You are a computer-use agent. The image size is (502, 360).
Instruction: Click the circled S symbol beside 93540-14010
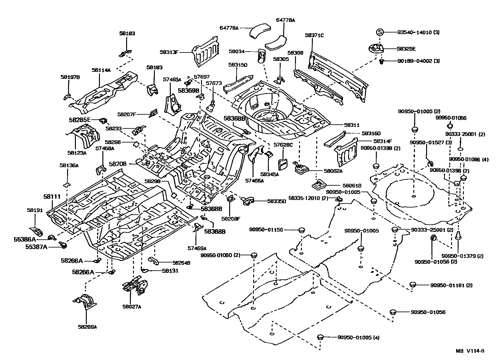(379, 32)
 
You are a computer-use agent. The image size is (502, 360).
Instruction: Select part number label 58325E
(406, 49)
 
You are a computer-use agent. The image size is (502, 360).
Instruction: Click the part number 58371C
(314, 35)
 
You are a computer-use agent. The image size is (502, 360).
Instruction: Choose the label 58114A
(101, 70)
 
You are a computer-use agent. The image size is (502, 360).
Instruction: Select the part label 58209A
(87, 327)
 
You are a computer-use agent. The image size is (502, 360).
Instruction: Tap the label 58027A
(132, 307)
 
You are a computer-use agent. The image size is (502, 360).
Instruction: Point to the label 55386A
(25, 239)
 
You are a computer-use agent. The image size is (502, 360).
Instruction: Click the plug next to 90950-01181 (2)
(412, 284)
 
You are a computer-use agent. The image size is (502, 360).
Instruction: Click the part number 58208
(118, 163)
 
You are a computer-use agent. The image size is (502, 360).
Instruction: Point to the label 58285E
(80, 119)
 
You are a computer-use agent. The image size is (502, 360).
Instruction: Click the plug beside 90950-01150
(301, 230)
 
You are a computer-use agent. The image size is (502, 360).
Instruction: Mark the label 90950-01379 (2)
(462, 256)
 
